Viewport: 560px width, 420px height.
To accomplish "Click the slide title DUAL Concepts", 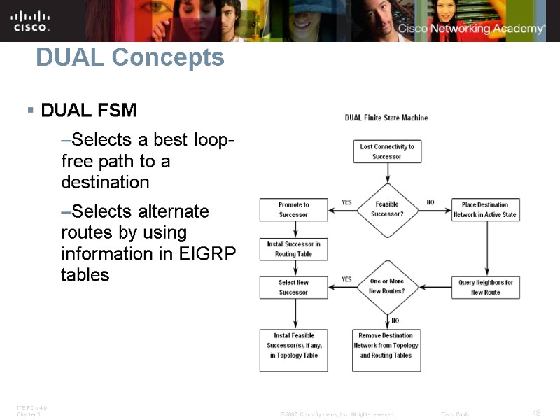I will coord(129,57).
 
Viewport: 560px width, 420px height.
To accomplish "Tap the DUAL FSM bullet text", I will coord(89,111).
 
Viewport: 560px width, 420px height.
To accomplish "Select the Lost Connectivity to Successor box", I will coord(386,151).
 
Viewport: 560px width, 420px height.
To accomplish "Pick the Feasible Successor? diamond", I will coord(386,209).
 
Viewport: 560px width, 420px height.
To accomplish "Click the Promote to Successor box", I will coord(293,209).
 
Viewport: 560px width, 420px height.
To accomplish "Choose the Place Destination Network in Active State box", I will coord(485,209).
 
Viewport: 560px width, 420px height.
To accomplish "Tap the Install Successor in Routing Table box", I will coord(293,249).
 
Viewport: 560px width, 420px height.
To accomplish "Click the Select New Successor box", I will coord(293,287).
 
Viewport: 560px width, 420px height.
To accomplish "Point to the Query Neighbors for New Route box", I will coord(485,287).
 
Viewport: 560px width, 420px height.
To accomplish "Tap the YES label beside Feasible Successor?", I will coord(346,202).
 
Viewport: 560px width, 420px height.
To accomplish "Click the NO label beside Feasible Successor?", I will coord(430,202).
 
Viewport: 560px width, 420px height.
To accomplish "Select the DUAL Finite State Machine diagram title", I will coord(386,118).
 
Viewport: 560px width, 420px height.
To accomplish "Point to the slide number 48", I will coord(536,412).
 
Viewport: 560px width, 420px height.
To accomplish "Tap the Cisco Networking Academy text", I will coord(471,29).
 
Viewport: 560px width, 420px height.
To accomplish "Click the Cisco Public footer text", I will coord(455,414).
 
